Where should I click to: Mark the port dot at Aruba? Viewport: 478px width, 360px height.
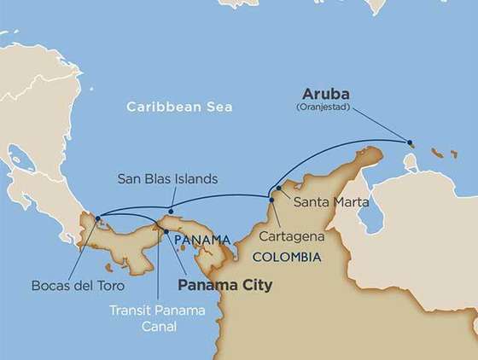point(411,142)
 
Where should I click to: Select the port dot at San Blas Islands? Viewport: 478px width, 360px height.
point(171,211)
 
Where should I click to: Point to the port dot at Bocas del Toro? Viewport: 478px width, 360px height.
point(99,218)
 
